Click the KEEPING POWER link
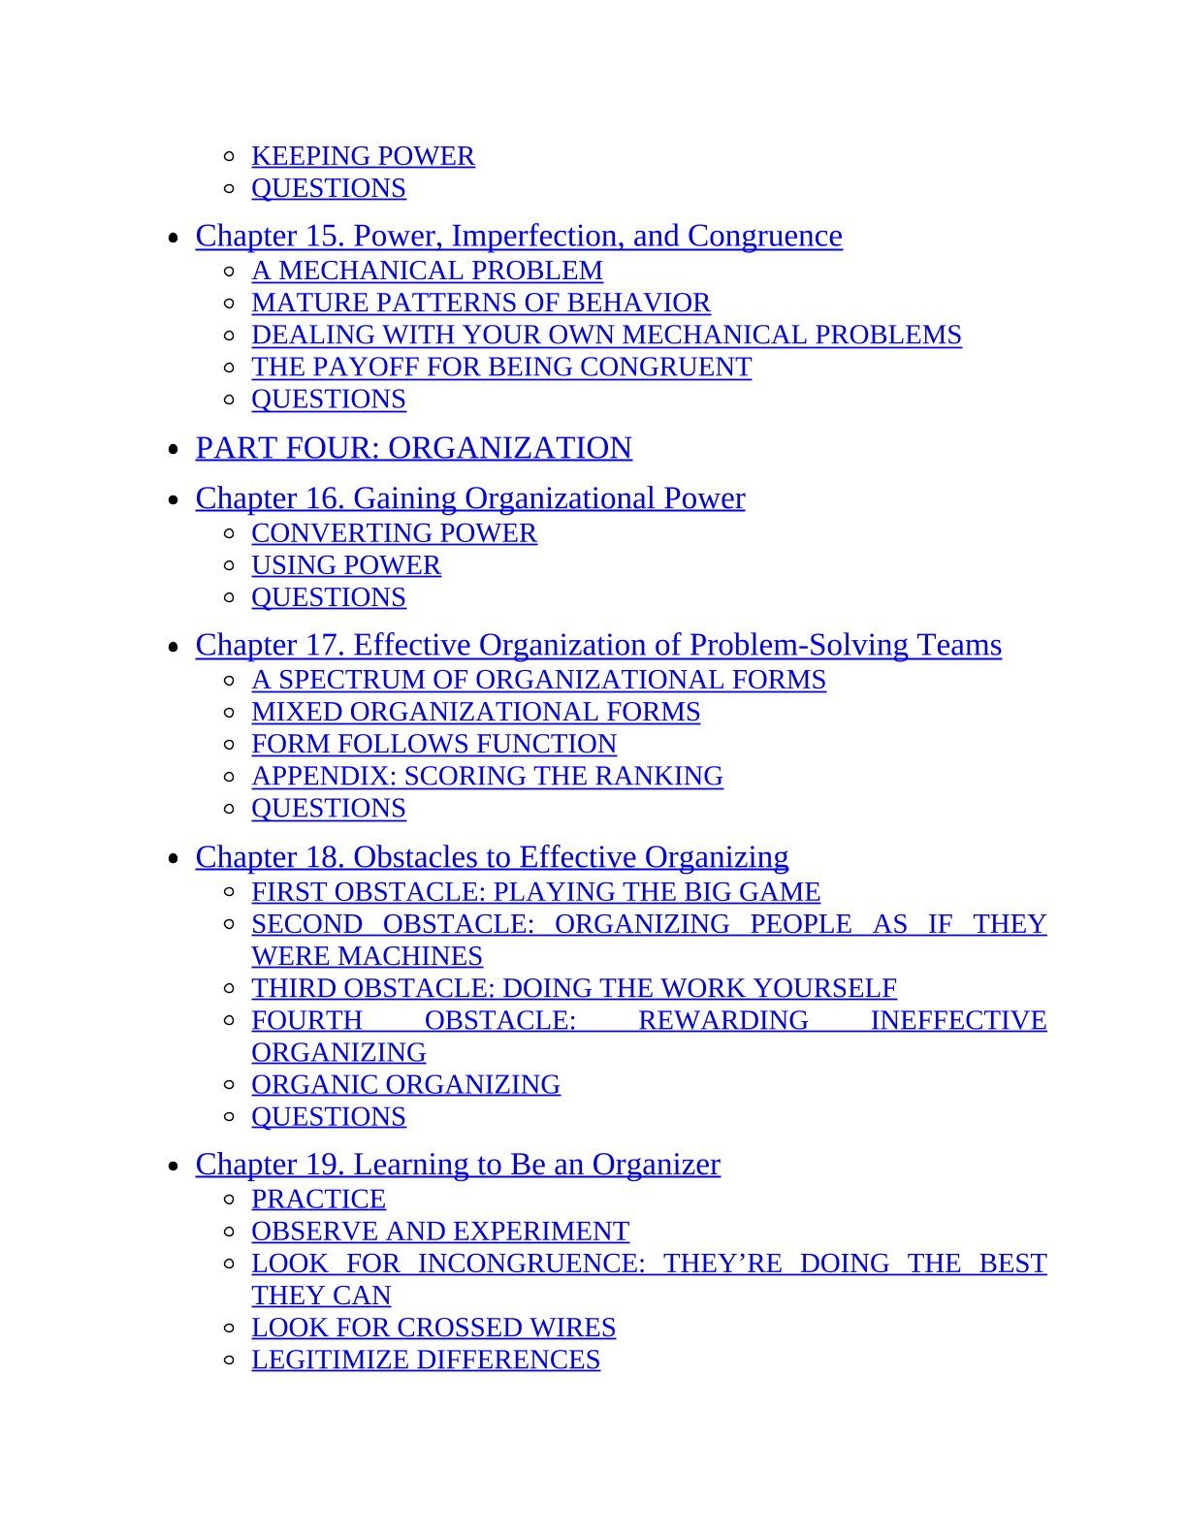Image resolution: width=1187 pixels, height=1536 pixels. coord(363,156)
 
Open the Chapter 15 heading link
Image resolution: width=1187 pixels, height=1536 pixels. coord(519,236)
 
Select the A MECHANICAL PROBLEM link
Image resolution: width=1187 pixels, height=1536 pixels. coord(427,271)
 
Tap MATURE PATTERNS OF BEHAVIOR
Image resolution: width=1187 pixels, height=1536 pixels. coord(481,303)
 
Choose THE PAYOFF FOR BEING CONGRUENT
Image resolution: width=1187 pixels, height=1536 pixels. coord(501,367)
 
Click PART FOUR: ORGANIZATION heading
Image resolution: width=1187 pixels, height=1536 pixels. coord(413,448)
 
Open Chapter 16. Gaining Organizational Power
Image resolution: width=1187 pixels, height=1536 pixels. coord(470,498)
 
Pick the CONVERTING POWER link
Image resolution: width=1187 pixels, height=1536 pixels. coord(394,533)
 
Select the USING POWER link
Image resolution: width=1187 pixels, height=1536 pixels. coord(346,565)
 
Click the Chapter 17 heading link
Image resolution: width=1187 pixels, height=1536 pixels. coord(598,645)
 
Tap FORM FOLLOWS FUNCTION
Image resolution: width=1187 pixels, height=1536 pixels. coord(433,744)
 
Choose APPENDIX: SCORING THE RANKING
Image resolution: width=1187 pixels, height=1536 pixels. coord(487,776)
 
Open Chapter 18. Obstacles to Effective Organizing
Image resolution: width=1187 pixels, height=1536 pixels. coord(492,857)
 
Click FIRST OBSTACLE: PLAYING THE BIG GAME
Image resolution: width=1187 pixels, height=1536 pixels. coord(535,892)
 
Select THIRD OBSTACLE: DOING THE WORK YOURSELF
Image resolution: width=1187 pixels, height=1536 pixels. coord(574,988)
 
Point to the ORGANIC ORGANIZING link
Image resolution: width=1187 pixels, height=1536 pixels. coord(405,1084)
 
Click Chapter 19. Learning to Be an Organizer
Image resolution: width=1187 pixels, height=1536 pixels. coord(458,1164)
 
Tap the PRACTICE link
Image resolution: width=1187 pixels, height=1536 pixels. coord(318,1200)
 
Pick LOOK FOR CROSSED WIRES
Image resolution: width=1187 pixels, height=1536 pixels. coord(433,1328)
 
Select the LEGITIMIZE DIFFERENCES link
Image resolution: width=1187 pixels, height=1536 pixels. coord(426,1360)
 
